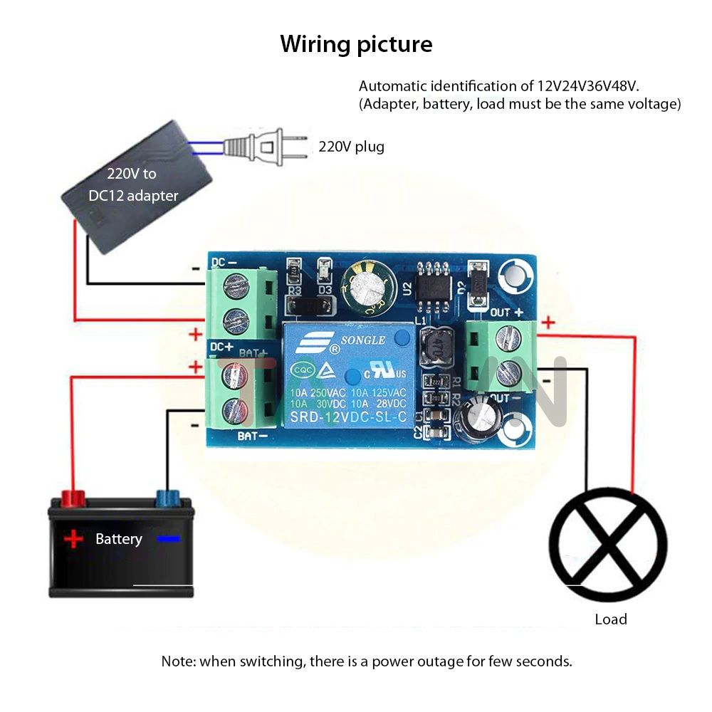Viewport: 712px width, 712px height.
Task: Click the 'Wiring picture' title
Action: pos(356,44)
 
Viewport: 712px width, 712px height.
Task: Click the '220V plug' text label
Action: pos(351,147)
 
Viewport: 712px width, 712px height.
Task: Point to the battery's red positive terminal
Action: pos(71,498)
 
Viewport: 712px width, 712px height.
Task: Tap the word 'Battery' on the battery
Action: pos(119,539)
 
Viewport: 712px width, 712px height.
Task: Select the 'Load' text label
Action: pos(611,619)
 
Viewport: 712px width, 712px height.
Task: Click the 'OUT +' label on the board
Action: pos(507,312)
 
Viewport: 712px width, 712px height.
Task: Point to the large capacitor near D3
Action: pos(366,288)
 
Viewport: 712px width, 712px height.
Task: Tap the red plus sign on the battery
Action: pos(73,539)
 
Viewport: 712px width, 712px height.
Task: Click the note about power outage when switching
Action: pos(367,661)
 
